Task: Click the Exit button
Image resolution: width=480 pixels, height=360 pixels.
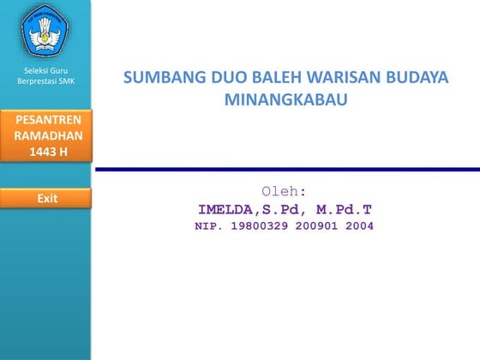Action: point(46,198)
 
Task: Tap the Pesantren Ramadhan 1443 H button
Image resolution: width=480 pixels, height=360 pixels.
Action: point(46,135)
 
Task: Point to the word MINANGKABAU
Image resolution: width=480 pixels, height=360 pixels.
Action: point(285,99)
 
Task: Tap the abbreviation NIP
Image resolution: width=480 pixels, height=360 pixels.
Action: point(208,227)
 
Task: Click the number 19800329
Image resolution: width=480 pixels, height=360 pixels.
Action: point(259,227)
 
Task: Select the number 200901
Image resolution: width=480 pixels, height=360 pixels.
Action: point(317,227)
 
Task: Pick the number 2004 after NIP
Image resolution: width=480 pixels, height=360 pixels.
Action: point(360,227)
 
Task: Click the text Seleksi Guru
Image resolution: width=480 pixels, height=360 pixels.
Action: point(46,70)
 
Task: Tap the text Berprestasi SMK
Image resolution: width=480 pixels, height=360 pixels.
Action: point(46,81)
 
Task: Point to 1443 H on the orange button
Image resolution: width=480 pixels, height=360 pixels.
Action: point(46,153)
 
